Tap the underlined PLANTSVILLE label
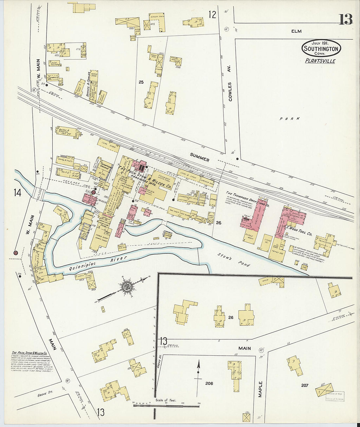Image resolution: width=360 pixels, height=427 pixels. [x=320, y=61]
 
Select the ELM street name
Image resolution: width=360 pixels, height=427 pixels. [x=297, y=31]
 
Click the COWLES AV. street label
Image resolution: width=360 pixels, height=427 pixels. [x=230, y=92]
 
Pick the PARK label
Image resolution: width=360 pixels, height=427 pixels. [x=290, y=119]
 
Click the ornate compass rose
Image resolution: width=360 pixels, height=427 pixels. [x=126, y=287]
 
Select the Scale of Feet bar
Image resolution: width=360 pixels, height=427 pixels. [x=166, y=405]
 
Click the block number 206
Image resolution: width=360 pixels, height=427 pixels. [x=209, y=383]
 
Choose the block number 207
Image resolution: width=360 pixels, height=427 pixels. [x=305, y=385]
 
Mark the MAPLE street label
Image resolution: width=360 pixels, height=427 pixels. [x=261, y=389]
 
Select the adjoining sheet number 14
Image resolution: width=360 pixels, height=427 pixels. [x=17, y=193]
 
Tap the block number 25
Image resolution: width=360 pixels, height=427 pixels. [x=141, y=82]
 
